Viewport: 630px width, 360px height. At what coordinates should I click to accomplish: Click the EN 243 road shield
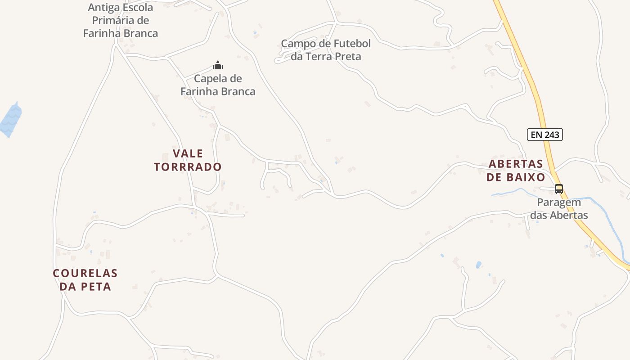(x=545, y=135)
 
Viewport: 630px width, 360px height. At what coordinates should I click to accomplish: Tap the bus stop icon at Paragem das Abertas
(x=559, y=189)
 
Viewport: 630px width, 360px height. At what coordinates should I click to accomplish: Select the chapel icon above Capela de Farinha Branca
(x=218, y=66)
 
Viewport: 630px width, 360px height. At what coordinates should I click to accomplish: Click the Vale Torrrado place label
(x=188, y=160)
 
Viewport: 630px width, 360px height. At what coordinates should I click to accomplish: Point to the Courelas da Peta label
(x=85, y=279)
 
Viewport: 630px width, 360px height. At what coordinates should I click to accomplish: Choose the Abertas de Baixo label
(x=516, y=170)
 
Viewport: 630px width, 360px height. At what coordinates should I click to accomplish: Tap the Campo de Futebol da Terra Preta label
(x=326, y=50)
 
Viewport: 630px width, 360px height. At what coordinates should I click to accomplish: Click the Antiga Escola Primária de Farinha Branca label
(x=121, y=20)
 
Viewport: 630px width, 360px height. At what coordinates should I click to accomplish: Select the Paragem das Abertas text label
(x=559, y=209)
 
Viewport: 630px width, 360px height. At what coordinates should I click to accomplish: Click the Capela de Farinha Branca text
(x=218, y=85)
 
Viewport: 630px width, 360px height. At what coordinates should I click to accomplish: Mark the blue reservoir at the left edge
(x=10, y=120)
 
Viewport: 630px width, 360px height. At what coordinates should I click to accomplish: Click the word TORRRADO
(x=188, y=167)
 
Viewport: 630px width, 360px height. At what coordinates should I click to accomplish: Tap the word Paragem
(x=559, y=202)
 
